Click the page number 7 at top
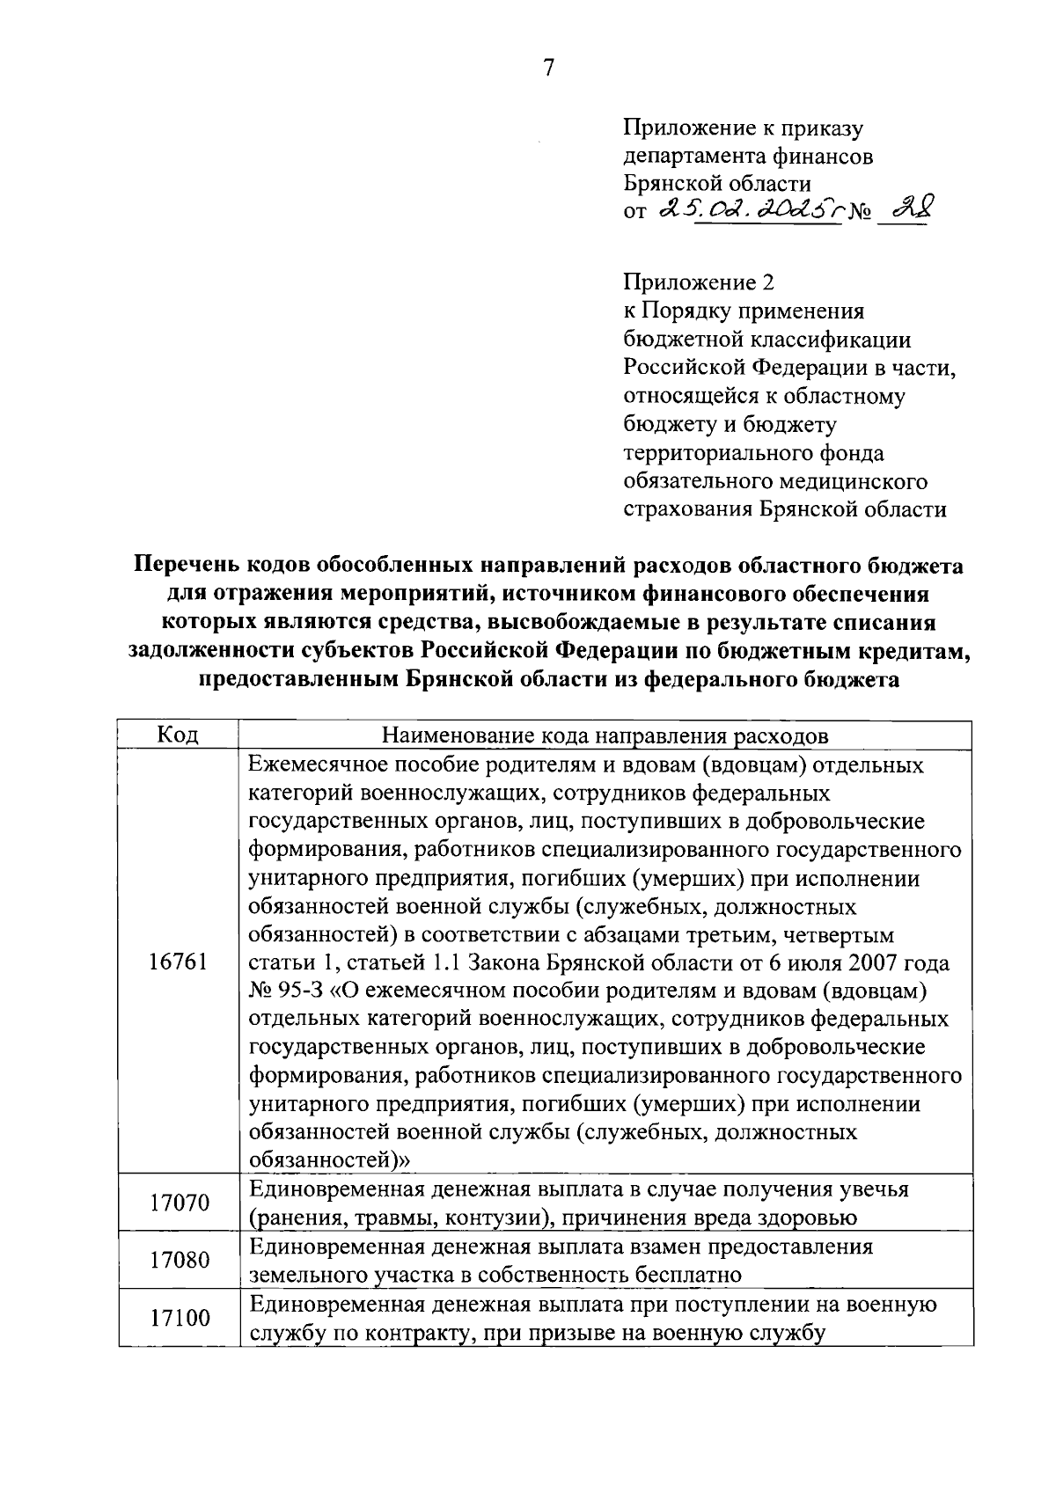[547, 68]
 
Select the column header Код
[178, 735]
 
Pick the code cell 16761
[179, 962]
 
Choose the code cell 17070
[179, 1203]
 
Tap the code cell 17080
[179, 1260]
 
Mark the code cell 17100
[179, 1318]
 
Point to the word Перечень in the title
[185, 565]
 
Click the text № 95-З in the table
[286, 991]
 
